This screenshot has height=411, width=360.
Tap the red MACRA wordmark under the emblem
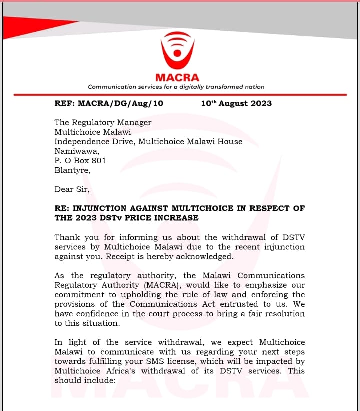coord(177,77)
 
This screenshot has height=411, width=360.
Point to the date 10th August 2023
coord(236,103)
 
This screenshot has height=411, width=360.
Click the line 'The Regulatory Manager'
coord(103,122)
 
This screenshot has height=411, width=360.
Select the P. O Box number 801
coord(99,161)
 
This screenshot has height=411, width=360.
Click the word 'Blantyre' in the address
coord(72,170)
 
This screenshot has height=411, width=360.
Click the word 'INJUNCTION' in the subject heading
coord(103,208)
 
